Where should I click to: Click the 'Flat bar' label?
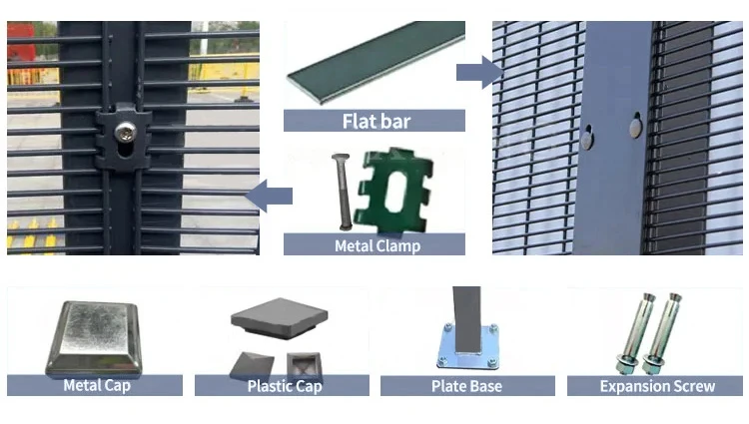[x=375, y=122]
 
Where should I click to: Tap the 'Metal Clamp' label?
[x=374, y=245]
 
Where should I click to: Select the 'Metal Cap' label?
[x=96, y=386]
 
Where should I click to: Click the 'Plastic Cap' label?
[x=284, y=386]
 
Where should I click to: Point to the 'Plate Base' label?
[x=466, y=386]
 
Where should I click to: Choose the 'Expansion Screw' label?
[x=656, y=386]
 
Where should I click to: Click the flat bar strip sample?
[x=376, y=63]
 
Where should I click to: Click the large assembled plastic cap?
[x=279, y=320]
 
